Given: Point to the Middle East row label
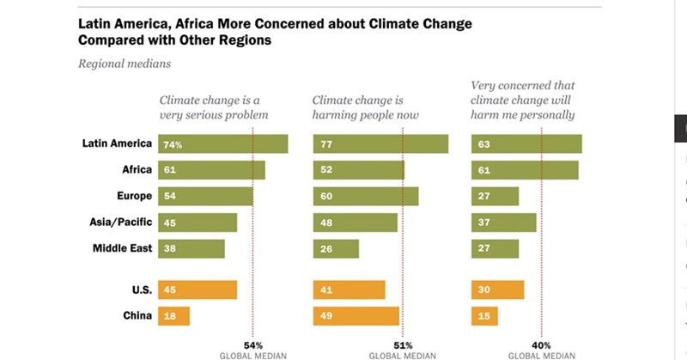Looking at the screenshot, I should [122, 248].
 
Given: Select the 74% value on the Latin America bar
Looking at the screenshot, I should [173, 144].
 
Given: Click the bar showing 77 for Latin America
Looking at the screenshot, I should [380, 144].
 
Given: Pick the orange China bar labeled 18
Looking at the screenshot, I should [173, 315].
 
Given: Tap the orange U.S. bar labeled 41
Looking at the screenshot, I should [349, 290].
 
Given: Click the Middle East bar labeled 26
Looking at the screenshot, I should [336, 248].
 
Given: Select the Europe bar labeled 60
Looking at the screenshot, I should [366, 197].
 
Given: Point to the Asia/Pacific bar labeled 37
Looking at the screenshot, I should [504, 223].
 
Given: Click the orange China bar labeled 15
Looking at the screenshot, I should [485, 315].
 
